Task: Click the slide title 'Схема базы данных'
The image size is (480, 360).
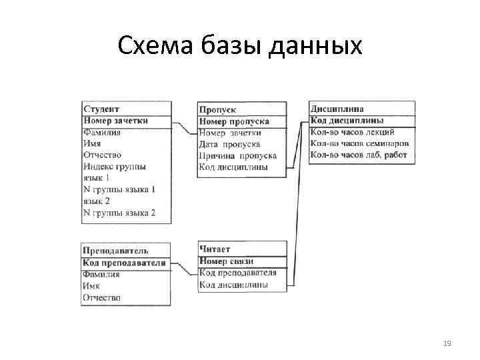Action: [x=240, y=46]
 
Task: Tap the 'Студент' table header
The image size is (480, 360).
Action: [x=101, y=109]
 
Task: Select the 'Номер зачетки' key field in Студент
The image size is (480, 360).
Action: [x=116, y=121]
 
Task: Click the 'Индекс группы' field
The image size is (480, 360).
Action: [x=115, y=167]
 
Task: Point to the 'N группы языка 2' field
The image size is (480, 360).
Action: [x=119, y=213]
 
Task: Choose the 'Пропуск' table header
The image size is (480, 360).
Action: [x=217, y=109]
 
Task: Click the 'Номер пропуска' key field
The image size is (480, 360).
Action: [x=234, y=121]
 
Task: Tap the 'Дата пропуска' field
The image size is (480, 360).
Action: [x=229, y=144]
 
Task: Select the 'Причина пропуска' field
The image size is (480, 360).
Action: [x=237, y=155]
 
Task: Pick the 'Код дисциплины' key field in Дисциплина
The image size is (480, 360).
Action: [x=347, y=121]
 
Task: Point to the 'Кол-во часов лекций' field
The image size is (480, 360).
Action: [x=353, y=132]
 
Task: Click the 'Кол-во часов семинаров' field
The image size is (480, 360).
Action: [x=359, y=143]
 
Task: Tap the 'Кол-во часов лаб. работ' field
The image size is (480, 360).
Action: [x=359, y=155]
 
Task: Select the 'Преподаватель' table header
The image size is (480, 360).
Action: [x=115, y=251]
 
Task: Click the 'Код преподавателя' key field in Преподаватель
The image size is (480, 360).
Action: [x=124, y=263]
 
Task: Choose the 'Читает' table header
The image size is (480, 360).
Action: [x=215, y=249]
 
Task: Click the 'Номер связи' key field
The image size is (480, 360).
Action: [x=226, y=261]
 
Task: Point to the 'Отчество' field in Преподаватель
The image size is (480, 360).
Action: [x=101, y=297]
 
